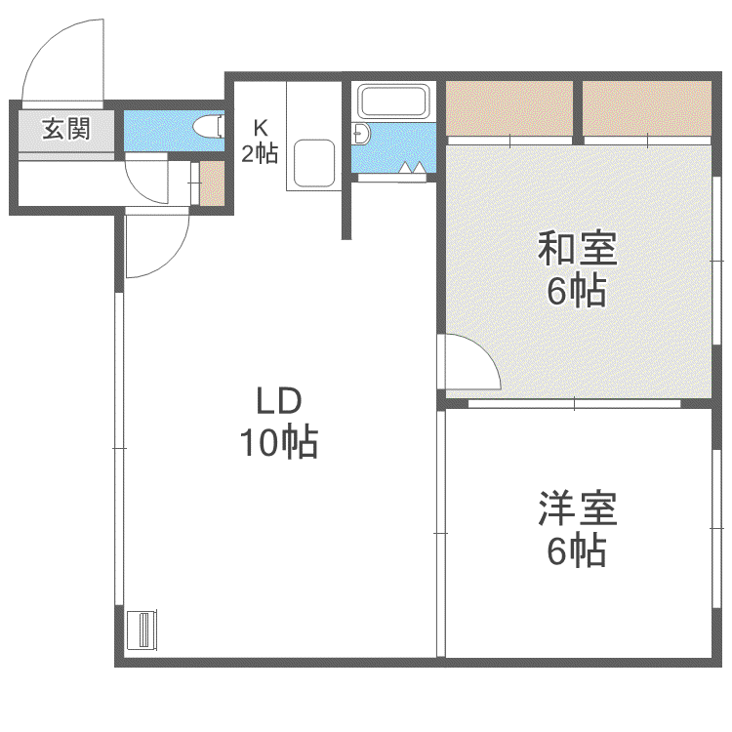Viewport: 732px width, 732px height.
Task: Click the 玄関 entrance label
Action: [65, 129]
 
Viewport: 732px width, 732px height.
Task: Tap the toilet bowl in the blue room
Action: [208, 126]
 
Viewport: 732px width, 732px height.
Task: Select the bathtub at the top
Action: [393, 102]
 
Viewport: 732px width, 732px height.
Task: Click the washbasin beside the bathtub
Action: [361, 135]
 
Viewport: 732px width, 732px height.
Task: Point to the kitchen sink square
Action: [314, 163]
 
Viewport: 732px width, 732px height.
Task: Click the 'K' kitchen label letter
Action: [260, 128]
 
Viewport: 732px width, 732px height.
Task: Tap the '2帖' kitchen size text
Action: [260, 153]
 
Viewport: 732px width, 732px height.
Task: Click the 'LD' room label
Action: [279, 401]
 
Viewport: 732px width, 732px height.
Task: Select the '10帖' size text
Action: [279, 441]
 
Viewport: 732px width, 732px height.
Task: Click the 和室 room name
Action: [578, 248]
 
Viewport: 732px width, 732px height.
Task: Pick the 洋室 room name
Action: [578, 508]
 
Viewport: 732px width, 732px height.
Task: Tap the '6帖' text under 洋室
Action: [577, 550]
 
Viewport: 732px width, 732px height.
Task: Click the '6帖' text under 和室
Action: [577, 291]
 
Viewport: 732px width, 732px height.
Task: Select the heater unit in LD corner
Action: [142, 630]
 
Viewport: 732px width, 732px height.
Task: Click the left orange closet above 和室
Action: [509, 108]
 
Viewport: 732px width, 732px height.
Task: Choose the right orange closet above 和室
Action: [647, 108]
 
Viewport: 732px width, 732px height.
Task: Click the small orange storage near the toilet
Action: [212, 183]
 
